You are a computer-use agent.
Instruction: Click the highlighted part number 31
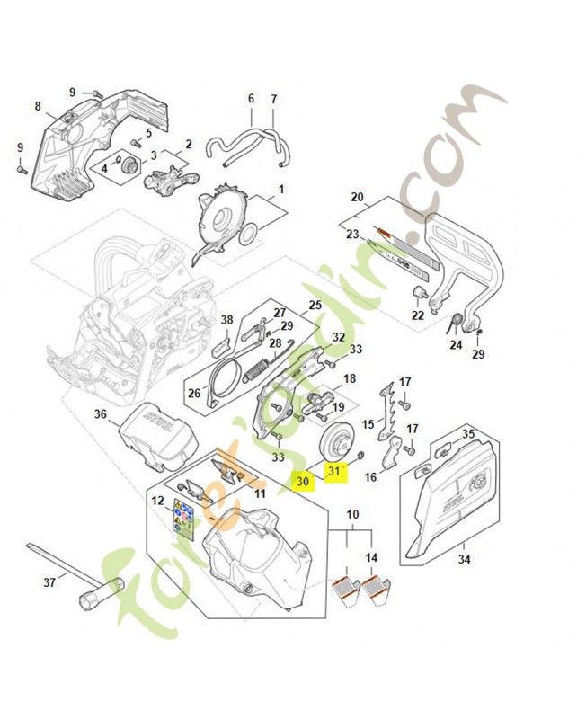point(334,471)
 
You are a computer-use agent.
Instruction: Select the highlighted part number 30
point(303,482)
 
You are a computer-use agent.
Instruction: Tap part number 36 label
point(101,414)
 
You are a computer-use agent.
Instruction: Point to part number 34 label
point(464,560)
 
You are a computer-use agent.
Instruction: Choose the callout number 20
point(356,197)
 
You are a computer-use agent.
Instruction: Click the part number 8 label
point(38,106)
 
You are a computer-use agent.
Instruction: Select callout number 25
point(315,305)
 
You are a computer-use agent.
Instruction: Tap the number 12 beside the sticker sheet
point(157,501)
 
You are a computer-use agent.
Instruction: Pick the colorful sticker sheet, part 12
point(182,517)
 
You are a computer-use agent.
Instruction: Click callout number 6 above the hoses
point(251,98)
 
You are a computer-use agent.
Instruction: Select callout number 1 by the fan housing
point(280,190)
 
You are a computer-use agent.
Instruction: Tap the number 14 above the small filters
point(371,557)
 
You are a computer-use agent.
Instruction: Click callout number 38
point(226,320)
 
